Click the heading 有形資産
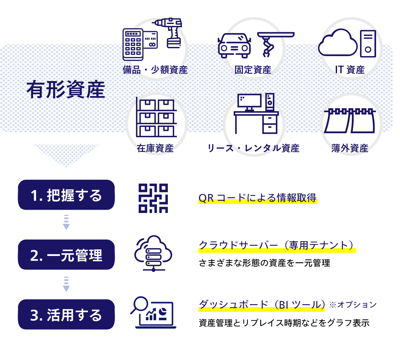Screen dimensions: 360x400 pos(66,90)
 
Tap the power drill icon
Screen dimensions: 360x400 pos(170,32)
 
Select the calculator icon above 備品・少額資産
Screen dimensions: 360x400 pos(133,44)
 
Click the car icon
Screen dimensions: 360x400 pos(234,46)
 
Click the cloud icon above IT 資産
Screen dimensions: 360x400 pos(338,43)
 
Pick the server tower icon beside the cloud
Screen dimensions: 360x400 pos(368,43)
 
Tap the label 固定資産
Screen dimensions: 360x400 pos(253,70)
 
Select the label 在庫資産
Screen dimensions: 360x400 pos(155,148)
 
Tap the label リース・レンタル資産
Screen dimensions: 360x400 pos(253,148)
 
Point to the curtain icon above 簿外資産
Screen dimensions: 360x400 pos(350,120)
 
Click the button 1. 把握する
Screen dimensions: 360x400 pos(66,195)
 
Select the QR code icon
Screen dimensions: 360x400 pos(153,198)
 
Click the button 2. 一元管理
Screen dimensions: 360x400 pos(66,255)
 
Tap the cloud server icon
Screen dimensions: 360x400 pos(153,253)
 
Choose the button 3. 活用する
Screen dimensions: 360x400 pos(66,315)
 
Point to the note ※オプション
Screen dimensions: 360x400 pos(353,305)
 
